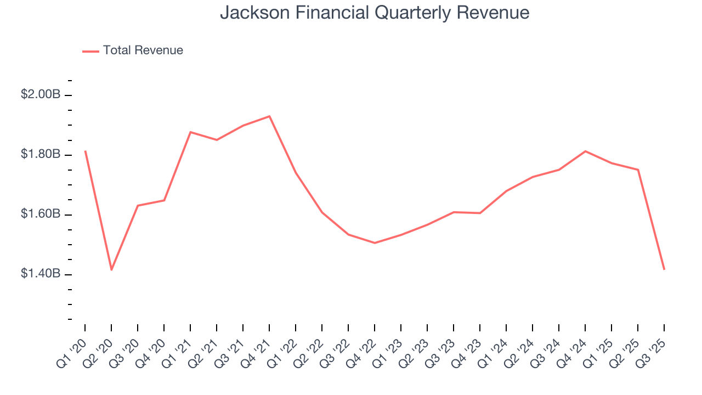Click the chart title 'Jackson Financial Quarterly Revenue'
point(375,13)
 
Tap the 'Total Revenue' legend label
point(143,50)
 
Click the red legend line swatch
point(90,51)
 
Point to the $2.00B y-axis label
point(41,94)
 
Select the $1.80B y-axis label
point(41,154)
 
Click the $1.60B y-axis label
point(41,214)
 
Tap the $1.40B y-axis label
point(41,274)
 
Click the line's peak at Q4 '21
point(269,116)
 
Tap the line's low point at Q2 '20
point(111,269)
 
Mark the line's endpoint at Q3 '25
point(664,269)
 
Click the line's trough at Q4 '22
point(375,242)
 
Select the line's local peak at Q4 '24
point(585,151)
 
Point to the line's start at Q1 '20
point(85,151)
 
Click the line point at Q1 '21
point(190,132)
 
